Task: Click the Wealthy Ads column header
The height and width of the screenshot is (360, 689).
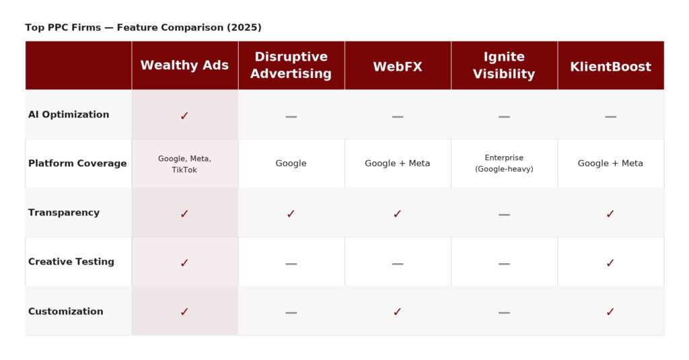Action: click(184, 65)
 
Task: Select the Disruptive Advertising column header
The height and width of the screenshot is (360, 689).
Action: click(291, 65)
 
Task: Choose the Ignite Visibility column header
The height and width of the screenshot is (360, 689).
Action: click(504, 65)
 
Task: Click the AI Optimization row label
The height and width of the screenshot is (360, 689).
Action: click(69, 114)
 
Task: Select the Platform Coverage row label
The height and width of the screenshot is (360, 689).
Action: click(77, 163)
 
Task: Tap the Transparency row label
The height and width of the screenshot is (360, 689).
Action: click(64, 213)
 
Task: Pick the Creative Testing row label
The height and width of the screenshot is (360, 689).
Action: click(71, 262)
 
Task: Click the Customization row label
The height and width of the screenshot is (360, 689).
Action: click(65, 311)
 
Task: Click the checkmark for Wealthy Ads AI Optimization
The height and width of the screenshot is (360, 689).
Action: click(184, 116)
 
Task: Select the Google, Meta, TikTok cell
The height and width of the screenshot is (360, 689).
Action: click(184, 164)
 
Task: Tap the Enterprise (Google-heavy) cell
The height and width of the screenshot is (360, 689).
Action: click(504, 163)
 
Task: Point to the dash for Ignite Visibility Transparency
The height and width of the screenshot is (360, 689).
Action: click(504, 215)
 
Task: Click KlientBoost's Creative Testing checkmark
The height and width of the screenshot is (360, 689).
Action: click(610, 263)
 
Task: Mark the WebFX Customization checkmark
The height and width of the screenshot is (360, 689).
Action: click(397, 312)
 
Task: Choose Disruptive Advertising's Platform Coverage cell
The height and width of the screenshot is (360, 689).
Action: click(291, 163)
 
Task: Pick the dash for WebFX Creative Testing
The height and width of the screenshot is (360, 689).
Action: click(398, 264)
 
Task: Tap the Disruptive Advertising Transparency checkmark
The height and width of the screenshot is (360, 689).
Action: click(291, 213)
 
